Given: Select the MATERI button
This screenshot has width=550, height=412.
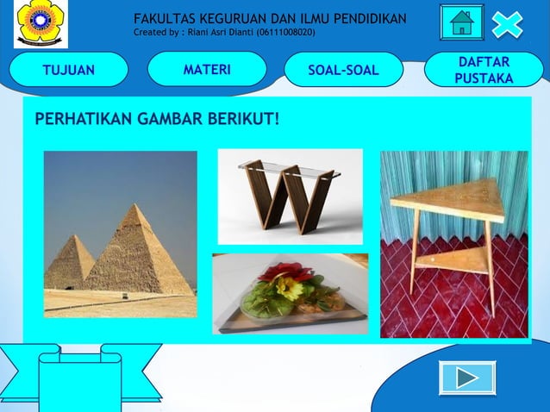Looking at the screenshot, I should [207, 69].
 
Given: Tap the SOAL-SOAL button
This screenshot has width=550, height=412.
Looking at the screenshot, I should [343, 70].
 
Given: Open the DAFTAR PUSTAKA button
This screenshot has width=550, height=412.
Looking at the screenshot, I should [483, 70].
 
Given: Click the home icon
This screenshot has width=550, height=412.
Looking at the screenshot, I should [462, 22].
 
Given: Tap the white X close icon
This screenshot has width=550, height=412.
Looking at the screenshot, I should [507, 23].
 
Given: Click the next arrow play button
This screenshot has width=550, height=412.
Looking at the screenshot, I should [467, 378].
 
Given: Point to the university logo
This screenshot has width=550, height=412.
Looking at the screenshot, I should [40, 23].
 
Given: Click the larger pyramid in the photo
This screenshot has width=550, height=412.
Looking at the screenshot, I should [138, 254].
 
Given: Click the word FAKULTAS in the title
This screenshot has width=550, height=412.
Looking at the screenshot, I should [165, 19].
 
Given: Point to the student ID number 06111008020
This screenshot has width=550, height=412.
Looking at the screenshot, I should [285, 33].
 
